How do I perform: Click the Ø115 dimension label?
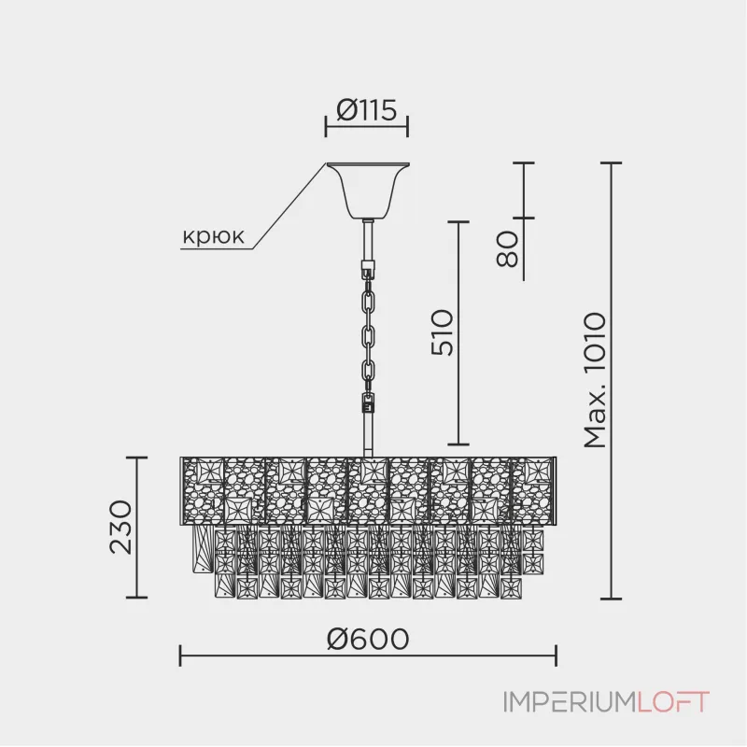[x=366, y=110]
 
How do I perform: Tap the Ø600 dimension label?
[x=368, y=639]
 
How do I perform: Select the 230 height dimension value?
[x=120, y=528]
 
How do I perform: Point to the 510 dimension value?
[x=442, y=332]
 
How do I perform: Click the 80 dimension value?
[x=507, y=249]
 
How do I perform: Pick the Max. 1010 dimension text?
[x=595, y=381]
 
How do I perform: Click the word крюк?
[x=214, y=236]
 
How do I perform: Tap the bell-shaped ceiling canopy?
[x=368, y=190]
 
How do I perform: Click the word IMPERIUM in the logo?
[x=570, y=702]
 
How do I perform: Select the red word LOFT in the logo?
[x=673, y=702]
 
